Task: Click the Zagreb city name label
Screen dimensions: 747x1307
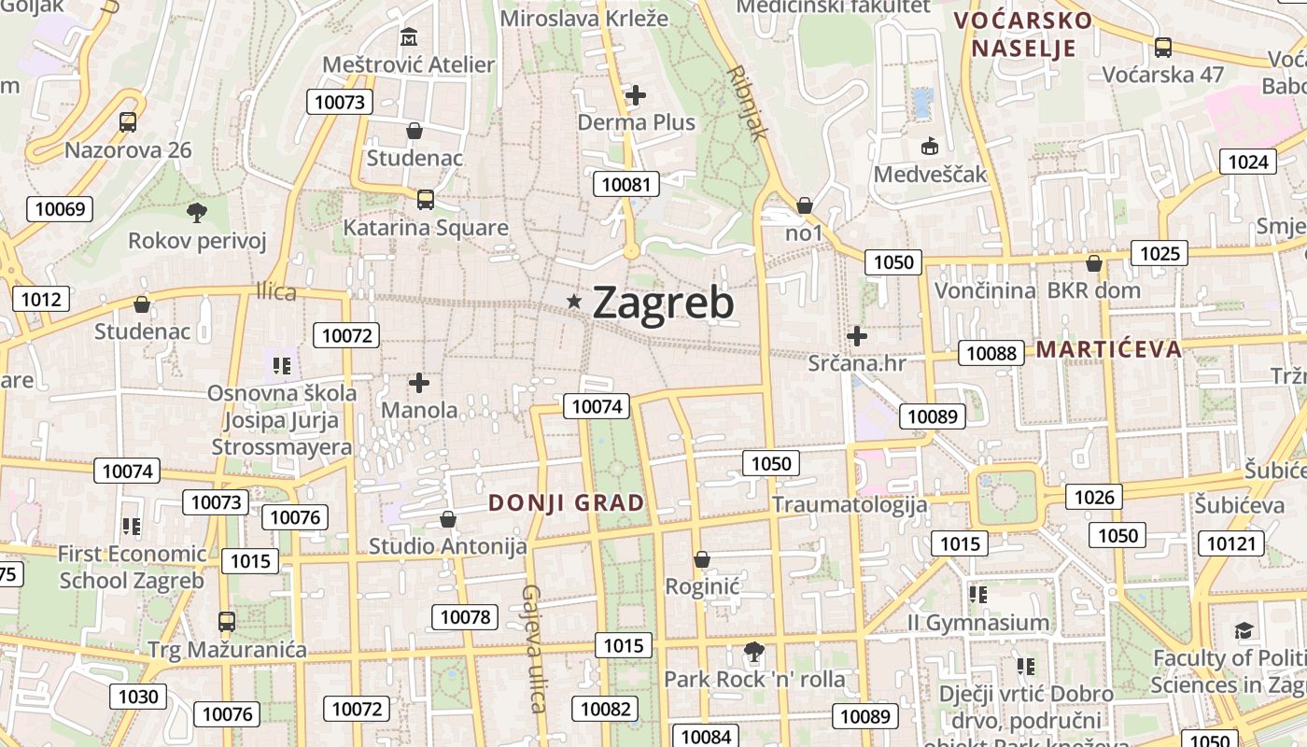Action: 663,303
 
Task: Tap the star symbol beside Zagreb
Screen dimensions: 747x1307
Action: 574,301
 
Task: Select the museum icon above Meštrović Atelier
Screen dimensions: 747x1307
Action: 409,37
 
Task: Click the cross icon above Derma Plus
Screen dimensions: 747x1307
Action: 636,94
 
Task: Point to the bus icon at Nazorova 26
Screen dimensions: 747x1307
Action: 128,121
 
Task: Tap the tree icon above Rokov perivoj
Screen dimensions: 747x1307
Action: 196,213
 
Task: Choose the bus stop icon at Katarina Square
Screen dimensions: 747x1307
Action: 425,199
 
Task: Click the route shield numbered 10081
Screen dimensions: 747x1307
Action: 626,184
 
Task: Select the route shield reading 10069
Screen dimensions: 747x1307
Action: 60,208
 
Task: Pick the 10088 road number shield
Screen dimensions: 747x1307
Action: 991,353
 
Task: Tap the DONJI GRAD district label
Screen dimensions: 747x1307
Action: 567,503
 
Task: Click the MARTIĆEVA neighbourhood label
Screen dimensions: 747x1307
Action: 1109,350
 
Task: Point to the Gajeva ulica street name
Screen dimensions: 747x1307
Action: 533,648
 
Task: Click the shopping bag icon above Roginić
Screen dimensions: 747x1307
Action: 702,559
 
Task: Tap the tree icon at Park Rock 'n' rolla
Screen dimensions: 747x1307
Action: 753,651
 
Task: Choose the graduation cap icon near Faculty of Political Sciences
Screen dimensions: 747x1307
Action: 1243,630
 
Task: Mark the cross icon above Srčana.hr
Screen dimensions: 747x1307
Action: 856,335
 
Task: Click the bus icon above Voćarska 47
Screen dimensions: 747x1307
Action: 1162,47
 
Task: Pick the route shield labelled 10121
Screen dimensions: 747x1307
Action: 1233,543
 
